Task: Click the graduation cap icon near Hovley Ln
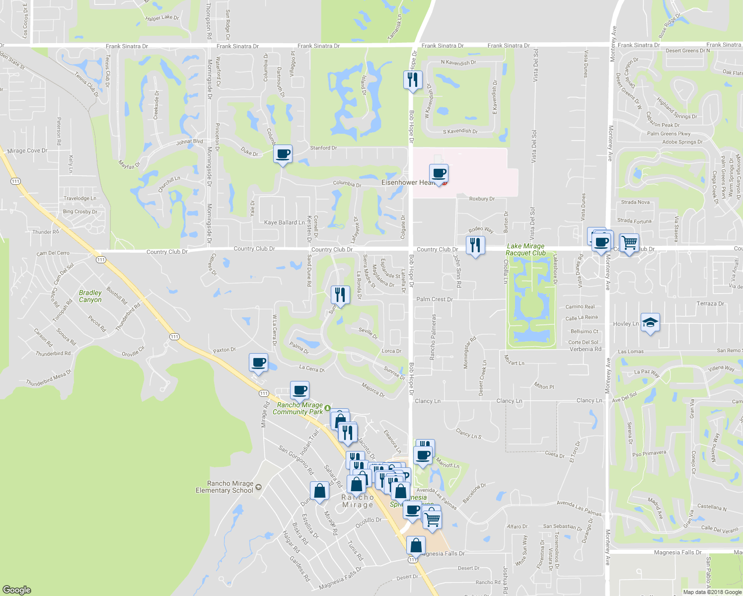(650, 323)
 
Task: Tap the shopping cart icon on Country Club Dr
(629, 243)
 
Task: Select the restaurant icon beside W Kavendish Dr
(413, 79)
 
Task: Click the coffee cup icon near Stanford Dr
(283, 154)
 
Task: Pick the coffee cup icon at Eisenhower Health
(439, 174)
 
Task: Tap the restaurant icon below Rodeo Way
(475, 245)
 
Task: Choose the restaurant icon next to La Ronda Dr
(340, 295)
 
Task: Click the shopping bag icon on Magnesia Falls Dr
(416, 545)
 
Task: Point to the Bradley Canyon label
(90, 297)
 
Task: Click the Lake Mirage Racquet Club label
(525, 249)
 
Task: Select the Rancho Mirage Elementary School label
(224, 487)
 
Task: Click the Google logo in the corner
(17, 590)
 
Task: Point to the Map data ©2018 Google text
(712, 592)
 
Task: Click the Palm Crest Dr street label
(435, 299)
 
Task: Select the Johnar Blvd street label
(189, 142)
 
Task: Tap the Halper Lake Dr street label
(162, 18)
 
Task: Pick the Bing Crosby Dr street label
(80, 212)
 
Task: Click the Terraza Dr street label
(710, 303)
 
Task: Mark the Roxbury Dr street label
(482, 199)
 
